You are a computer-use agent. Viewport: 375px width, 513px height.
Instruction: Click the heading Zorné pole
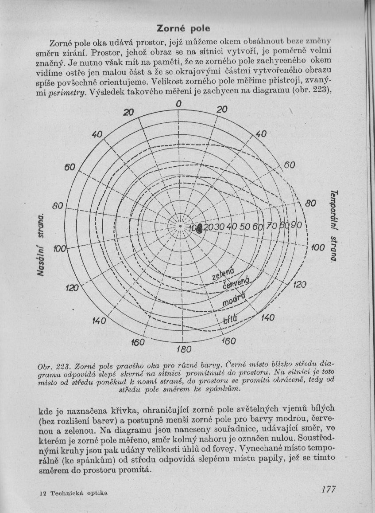point(183,29)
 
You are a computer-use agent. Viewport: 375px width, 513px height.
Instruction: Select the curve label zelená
point(223,271)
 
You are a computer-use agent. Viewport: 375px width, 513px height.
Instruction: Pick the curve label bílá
point(231,319)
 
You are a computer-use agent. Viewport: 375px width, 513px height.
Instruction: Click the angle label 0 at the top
point(178,103)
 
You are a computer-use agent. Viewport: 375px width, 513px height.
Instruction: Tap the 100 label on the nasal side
point(59,249)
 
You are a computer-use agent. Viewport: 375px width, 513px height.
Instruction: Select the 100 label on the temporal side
point(317,247)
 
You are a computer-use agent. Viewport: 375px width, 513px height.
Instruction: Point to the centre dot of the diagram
point(180,227)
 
